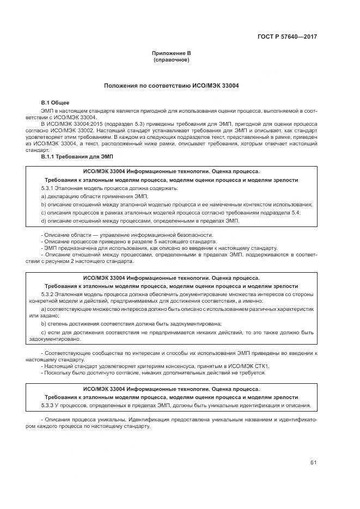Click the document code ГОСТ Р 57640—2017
[x=287, y=36]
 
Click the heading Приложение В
[x=172, y=53]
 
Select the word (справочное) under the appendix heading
[x=172, y=60]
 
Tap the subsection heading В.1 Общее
[x=56, y=103]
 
